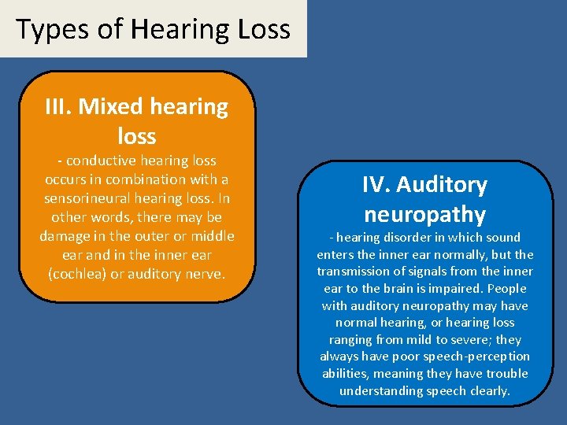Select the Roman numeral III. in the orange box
pos(59,106)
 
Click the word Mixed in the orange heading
pos(111,106)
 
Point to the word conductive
pos(99,161)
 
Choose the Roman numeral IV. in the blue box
pos(375,185)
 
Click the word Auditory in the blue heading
pos(442,185)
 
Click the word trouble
pos(506,374)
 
